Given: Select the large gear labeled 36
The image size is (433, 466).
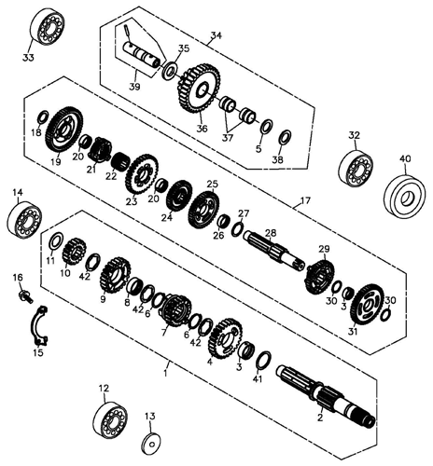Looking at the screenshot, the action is tap(200, 89).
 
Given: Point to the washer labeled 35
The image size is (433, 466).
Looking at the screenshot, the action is tap(170, 70).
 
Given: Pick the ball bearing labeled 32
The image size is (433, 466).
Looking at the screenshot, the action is tap(356, 168).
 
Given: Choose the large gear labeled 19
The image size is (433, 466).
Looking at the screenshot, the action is tap(64, 130).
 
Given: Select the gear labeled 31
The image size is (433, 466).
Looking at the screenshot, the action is tap(367, 306).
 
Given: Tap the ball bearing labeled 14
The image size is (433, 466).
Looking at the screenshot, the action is tap(24, 220).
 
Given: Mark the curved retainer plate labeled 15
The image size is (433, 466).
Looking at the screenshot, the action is tap(40, 326).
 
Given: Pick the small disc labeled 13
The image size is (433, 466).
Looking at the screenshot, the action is tap(151, 444).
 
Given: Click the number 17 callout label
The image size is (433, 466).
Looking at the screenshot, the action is tap(305, 200).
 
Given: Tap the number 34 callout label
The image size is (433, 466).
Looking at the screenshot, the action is tap(216, 35).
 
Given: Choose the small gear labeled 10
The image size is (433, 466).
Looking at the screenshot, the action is tap(75, 252).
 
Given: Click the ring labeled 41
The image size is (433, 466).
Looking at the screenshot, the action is tap(263, 362).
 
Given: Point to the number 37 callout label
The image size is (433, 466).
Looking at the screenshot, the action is tap(227, 138).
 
